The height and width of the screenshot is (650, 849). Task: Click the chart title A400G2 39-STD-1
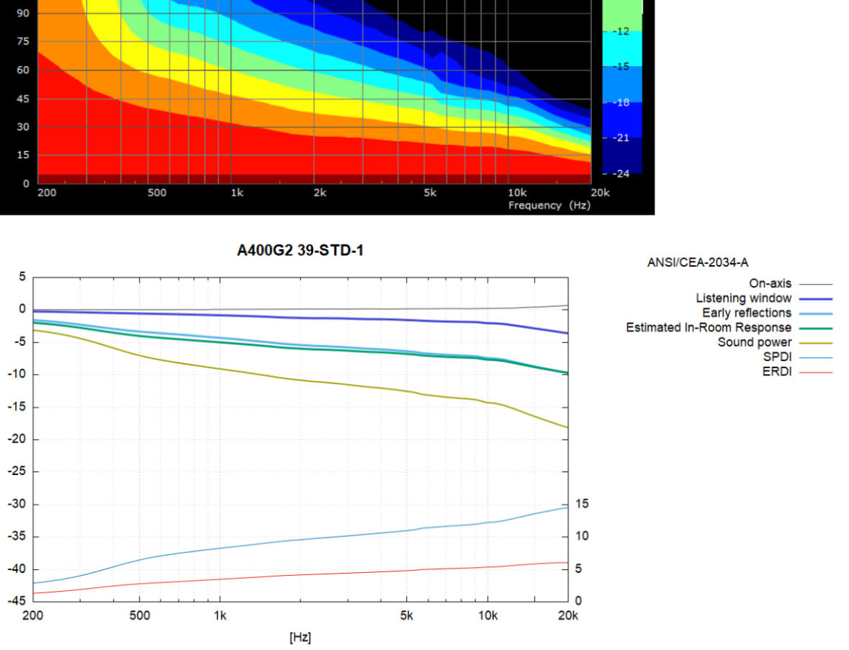300,251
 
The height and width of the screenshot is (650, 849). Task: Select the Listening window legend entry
743,298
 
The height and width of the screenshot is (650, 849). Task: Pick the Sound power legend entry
754,342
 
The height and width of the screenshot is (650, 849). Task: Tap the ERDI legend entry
776,372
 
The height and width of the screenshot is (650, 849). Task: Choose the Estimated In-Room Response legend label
709,328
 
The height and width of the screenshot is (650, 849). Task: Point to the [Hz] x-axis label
300,638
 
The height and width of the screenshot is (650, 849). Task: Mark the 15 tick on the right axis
582,504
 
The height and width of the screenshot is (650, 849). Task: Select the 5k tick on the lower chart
407,615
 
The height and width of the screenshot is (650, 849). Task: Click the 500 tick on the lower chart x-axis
140,615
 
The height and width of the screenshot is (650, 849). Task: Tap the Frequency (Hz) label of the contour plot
549,205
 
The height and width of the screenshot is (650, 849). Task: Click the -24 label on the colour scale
621,173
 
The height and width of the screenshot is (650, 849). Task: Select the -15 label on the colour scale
621,66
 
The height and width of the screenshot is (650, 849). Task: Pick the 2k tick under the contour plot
320,193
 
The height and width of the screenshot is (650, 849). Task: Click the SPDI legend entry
776,357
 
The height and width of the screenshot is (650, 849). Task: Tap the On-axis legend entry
770,284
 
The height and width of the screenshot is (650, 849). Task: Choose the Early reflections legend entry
747,313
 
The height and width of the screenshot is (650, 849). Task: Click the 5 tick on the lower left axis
22,277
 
